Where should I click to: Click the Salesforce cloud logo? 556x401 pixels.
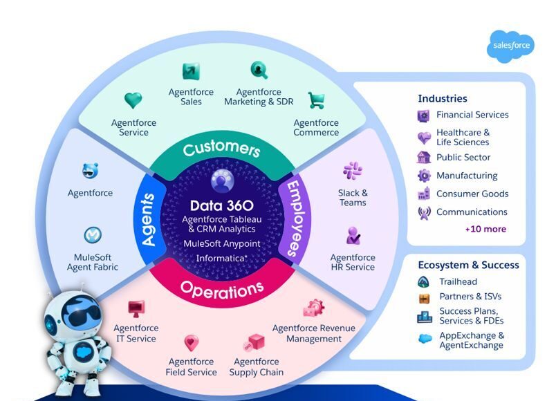(511, 46)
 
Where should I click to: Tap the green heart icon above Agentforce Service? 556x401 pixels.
(133, 101)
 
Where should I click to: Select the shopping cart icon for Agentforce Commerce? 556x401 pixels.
(316, 101)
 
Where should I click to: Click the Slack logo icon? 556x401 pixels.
(353, 171)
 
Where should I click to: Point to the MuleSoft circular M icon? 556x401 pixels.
(93, 236)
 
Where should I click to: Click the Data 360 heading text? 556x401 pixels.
(221, 205)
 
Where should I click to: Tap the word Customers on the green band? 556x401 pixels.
(221, 148)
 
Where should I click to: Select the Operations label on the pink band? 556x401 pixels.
(221, 288)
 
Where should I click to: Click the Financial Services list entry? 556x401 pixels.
(472, 115)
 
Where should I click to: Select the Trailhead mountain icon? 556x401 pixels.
(424, 281)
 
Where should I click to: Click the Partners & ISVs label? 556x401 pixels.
(470, 297)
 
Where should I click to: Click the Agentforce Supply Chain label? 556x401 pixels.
(257, 367)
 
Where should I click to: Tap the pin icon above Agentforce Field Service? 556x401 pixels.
(192, 342)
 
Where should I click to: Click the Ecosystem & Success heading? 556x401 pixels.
(468, 265)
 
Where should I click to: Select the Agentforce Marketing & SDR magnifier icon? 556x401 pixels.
(259, 70)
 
